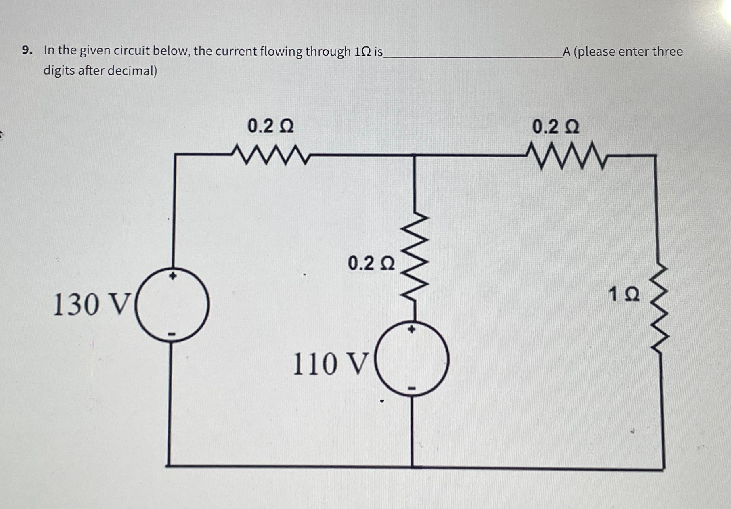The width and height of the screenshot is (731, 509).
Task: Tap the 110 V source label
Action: click(330, 364)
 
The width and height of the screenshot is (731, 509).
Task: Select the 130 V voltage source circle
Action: click(172, 305)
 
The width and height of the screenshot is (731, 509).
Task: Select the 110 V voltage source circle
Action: click(412, 358)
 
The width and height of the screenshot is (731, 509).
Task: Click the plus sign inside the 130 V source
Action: click(173, 276)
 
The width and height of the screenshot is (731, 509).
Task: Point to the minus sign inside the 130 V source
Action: click(172, 334)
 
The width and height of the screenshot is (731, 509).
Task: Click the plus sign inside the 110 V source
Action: click(411, 329)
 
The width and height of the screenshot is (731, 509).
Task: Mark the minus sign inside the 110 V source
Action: click(412, 389)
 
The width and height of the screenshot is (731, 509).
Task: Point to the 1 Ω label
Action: click(624, 294)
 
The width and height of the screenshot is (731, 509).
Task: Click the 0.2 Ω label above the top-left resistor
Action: click(271, 126)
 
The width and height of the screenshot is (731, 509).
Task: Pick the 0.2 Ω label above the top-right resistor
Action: click(556, 127)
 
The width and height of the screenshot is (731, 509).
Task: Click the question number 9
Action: click(27, 50)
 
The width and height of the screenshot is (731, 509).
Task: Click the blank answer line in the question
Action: click(472, 56)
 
